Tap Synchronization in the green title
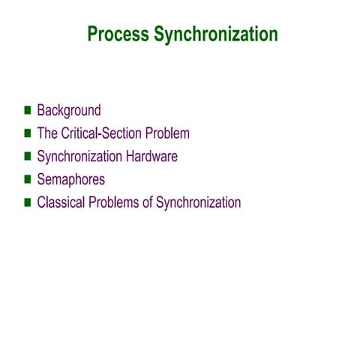pos(215,34)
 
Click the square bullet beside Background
pos(28,110)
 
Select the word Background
pos(68,110)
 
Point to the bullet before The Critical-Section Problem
pos(28,133)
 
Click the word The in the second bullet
pos(46,133)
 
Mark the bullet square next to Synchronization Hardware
pos(28,157)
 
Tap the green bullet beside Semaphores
pos(28,179)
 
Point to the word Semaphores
pos(70,180)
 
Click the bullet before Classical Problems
pos(28,202)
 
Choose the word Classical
pos(60,202)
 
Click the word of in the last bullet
pos(147,202)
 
